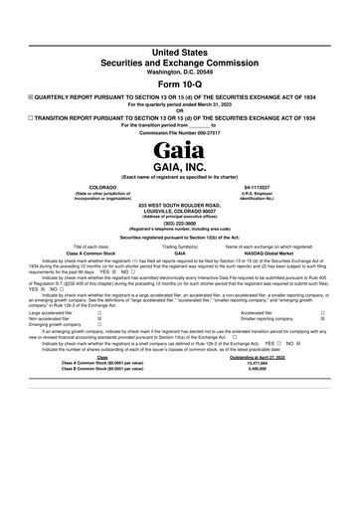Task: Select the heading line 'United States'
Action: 179,50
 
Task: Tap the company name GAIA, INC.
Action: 179,169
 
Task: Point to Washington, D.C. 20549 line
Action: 179,72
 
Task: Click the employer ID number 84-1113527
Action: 284,187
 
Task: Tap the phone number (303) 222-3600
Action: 179,224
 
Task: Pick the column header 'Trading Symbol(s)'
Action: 180,246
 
